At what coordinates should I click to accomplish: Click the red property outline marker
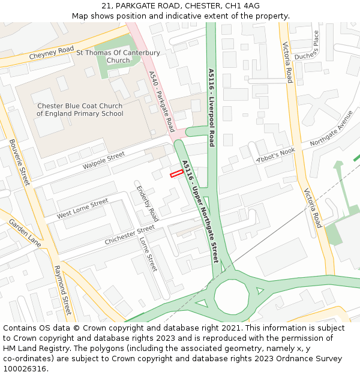pos(176,174)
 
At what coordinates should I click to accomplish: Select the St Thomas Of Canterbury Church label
pos(118,56)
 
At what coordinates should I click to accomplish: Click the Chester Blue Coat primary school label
pos(80,110)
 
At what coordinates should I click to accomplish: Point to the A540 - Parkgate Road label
pos(161,103)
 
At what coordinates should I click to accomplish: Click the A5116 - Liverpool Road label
pos(211,107)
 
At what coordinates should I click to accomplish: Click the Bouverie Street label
pos(20,162)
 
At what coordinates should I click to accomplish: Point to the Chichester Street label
pos(130,235)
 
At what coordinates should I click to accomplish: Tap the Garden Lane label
pos(25,233)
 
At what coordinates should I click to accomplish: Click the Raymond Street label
pos(62,290)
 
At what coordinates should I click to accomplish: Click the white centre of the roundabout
pos(231,296)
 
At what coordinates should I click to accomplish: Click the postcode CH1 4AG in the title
pos(242,6)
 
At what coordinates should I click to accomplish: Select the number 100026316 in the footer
pos(25,368)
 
